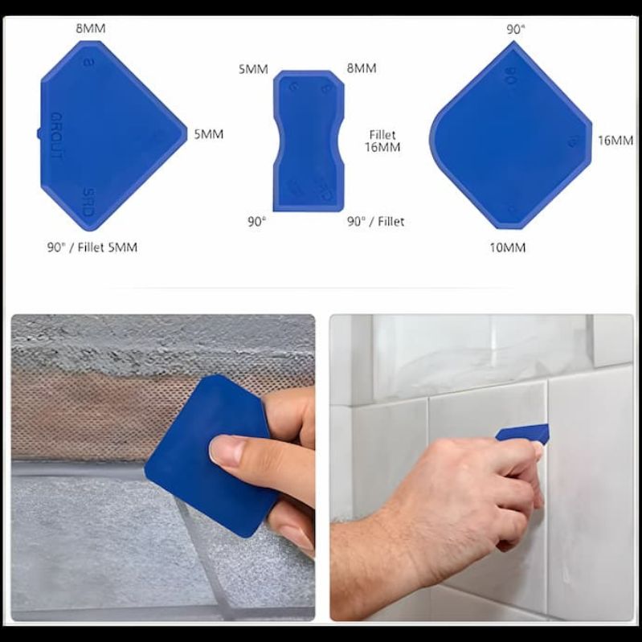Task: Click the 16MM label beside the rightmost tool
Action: pyautogui.click(x=615, y=141)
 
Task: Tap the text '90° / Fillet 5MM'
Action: pyautogui.click(x=92, y=247)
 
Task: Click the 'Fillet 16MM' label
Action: pyautogui.click(x=382, y=141)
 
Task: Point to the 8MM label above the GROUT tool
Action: pyautogui.click(x=91, y=29)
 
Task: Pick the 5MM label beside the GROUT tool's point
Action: pyautogui.click(x=208, y=134)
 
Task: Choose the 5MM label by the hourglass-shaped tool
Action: pyautogui.click(x=252, y=69)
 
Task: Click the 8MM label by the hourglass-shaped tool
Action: pyautogui.click(x=361, y=69)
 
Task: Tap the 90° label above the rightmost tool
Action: pyautogui.click(x=515, y=29)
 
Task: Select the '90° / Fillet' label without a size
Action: pyautogui.click(x=375, y=222)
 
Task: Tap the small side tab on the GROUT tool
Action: pyautogui.click(x=39, y=133)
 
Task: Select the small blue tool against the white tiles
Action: pyautogui.click(x=524, y=434)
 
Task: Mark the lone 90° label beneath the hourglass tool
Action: pyautogui.click(x=256, y=222)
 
